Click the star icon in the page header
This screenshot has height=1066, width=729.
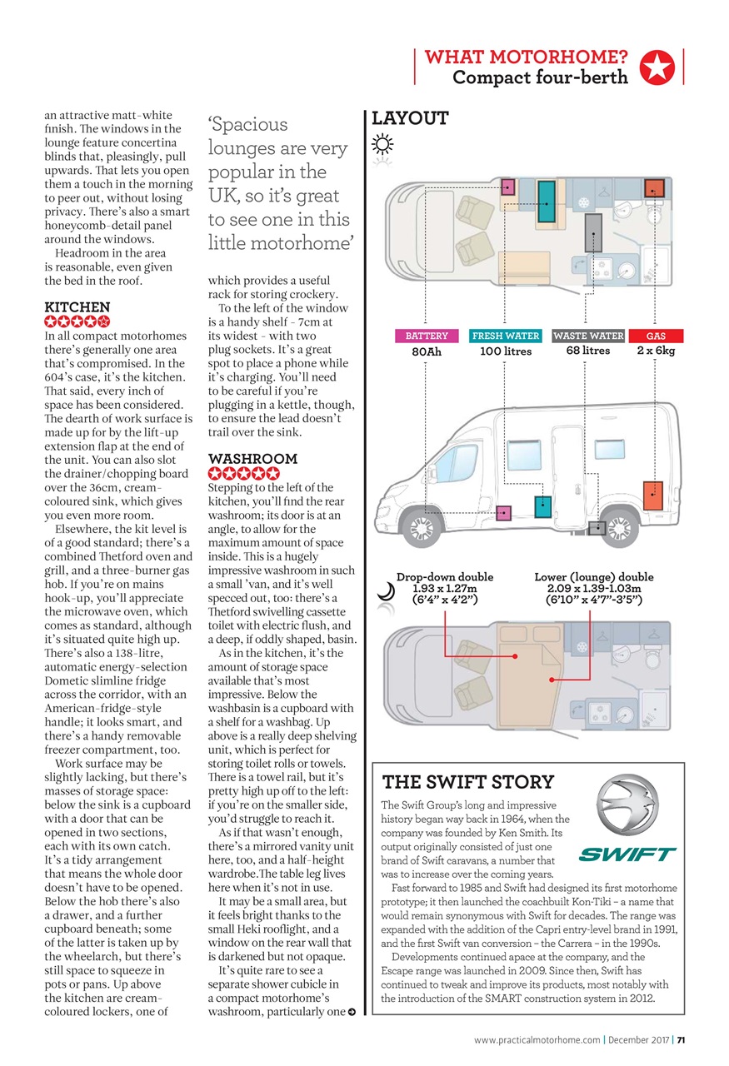pos(657,67)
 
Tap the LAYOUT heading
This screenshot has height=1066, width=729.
pos(410,118)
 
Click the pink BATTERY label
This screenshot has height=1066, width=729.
pos(427,336)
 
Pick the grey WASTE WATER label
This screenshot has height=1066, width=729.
pos(588,336)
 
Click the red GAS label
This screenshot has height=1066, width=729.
pos(655,336)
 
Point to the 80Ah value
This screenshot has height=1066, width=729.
pos(427,351)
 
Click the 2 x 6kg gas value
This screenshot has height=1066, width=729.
pos(655,351)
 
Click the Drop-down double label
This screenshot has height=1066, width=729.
pos(445,576)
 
